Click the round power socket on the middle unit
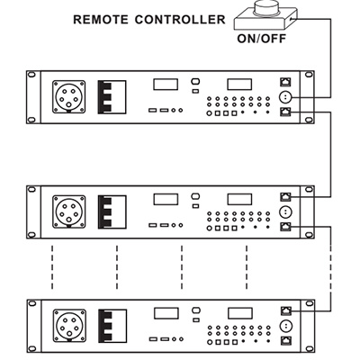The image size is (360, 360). tap(67, 212)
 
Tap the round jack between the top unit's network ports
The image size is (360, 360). tap(285, 96)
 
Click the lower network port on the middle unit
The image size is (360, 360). tap(285, 225)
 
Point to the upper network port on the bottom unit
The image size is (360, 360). tap(285, 309)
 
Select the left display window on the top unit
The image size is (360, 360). tap(165, 85)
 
